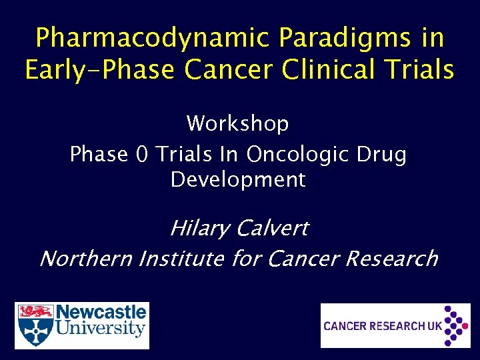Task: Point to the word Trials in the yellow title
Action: pyautogui.click(x=421, y=69)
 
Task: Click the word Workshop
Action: pyautogui.click(x=237, y=123)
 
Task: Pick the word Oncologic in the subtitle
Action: pyautogui.click(x=297, y=154)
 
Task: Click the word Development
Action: pyautogui.click(x=237, y=180)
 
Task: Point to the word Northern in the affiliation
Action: pyautogui.click(x=86, y=258)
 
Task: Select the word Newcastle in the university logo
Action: pyautogui.click(x=101, y=313)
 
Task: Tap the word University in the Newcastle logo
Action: pyautogui.click(x=101, y=329)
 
